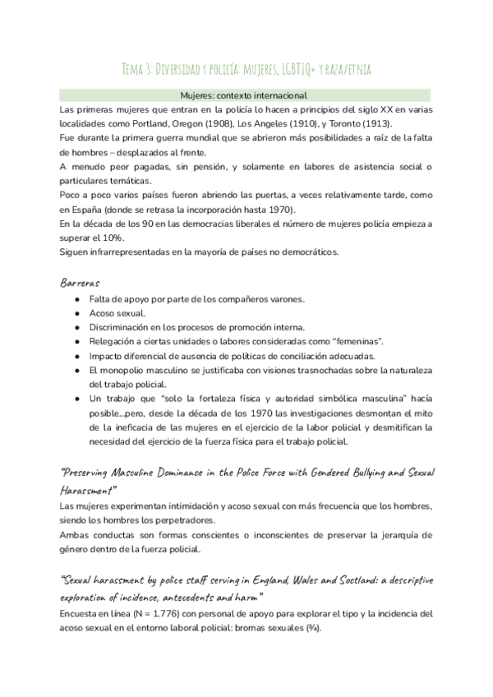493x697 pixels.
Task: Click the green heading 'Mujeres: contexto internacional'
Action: (x=246, y=95)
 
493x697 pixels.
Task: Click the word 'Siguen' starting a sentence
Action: (x=75, y=252)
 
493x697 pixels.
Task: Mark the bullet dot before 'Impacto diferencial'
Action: (x=76, y=356)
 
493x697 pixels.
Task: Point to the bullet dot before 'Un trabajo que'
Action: (x=76, y=399)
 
